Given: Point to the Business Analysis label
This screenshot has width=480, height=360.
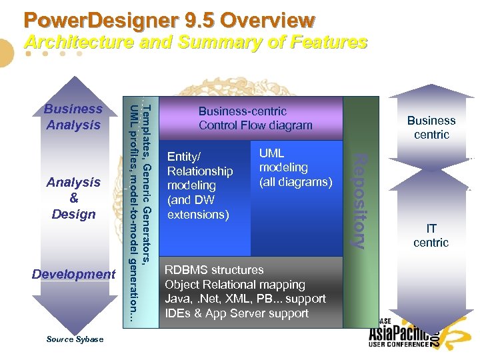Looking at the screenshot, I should pos(73,117).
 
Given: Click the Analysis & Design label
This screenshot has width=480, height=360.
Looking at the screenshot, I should pos(73,198).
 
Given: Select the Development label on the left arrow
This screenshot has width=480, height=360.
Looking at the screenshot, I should pos(73,274).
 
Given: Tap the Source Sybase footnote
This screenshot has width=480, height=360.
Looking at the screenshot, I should pos(75,339).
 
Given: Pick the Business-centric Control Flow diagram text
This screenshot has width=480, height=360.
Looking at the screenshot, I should pos(255,118).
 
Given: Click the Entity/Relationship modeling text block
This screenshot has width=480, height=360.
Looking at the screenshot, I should pos(199,185).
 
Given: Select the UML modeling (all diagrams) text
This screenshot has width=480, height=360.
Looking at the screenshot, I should pos(295,167).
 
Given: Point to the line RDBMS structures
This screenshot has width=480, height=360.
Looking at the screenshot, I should pos(214,270).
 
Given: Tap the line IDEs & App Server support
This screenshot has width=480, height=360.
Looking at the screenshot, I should pos(236,313).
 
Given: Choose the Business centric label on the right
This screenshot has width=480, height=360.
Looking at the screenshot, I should pos(431,127).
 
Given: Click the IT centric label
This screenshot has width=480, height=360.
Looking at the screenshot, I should pos(431,236).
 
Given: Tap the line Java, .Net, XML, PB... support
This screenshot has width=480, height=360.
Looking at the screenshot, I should pos(245,299).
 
